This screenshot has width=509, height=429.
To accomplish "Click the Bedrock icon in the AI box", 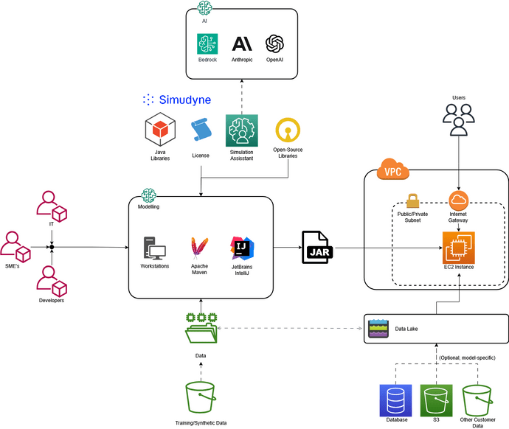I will pyautogui.click(x=207, y=44).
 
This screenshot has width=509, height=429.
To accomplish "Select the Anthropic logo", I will pyautogui.click(x=242, y=44).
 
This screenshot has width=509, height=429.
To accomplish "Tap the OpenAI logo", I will pyautogui.click(x=275, y=44).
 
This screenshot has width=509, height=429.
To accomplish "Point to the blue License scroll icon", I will pyautogui.click(x=200, y=131).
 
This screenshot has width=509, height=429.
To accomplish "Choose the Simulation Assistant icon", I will pyautogui.click(x=241, y=130).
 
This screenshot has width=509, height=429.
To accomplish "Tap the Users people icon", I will pyautogui.click(x=459, y=120).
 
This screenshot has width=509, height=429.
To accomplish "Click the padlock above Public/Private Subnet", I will pyautogui.click(x=412, y=200).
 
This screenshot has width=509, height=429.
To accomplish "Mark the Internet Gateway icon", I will pyautogui.click(x=459, y=200).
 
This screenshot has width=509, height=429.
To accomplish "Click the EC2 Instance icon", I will pyautogui.click(x=458, y=247).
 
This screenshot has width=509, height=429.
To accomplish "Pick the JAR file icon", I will pyautogui.click(x=318, y=247).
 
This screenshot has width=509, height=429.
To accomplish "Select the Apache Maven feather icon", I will pyautogui.click(x=198, y=248).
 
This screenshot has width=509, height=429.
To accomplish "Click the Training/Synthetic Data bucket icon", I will pyautogui.click(x=201, y=397).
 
